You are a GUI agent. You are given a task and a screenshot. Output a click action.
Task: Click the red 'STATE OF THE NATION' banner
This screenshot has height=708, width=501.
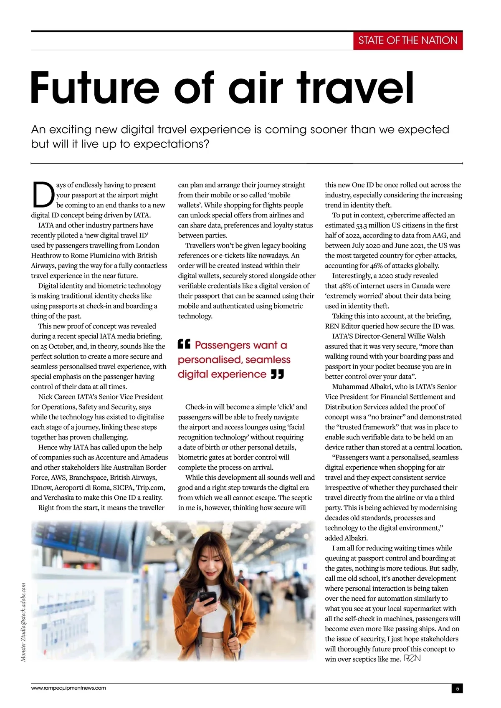pos(408,40)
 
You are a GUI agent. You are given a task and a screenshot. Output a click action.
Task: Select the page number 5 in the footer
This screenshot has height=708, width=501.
pos(457,689)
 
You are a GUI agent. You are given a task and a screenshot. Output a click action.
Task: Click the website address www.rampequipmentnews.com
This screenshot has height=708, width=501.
pos(68,688)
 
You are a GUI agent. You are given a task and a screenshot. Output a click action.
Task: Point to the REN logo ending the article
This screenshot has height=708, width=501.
pos(412,659)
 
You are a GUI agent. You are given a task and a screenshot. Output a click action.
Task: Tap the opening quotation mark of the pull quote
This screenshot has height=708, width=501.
pos(184,344)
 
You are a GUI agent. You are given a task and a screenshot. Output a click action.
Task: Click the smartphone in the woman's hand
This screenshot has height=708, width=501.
pos(207,598)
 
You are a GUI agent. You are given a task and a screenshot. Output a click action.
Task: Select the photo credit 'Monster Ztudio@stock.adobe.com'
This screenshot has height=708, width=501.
pos(23,622)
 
